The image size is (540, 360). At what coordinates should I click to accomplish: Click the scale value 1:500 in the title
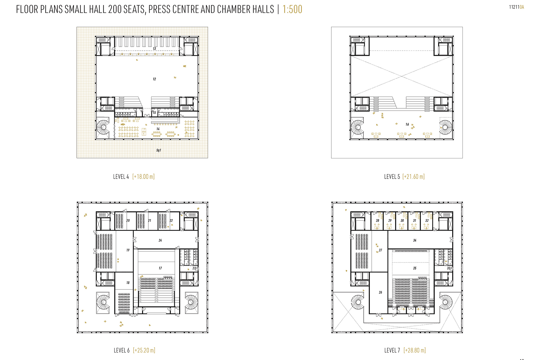coord(292,9)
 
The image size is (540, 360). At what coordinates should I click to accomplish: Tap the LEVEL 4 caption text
coord(121,177)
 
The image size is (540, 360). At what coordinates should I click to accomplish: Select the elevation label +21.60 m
coord(414,177)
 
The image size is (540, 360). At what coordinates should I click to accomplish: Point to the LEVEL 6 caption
coord(122,350)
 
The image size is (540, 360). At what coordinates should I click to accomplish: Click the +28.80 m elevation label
coord(415,350)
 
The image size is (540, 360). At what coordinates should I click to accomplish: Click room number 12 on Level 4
coord(154,79)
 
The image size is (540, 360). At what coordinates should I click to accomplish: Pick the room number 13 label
coord(154,49)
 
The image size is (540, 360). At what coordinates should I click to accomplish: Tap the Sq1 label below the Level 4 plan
coord(159,150)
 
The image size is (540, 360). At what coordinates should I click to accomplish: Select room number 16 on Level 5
coord(407,124)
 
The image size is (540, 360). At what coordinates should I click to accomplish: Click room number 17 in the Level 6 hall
coord(160,268)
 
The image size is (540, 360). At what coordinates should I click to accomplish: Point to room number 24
coord(160,240)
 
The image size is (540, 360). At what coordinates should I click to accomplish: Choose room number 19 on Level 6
coord(128,250)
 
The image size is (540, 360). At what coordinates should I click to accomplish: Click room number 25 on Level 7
coord(415,268)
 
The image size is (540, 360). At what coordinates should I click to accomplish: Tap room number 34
coord(415,240)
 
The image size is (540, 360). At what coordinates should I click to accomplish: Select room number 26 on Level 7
coord(381,292)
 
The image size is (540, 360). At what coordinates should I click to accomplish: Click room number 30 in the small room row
coord(402,220)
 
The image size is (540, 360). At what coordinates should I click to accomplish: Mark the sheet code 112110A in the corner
coord(516,7)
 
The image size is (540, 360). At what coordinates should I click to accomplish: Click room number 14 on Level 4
coord(158,129)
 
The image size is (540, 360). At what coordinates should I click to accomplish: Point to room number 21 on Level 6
coord(149,220)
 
